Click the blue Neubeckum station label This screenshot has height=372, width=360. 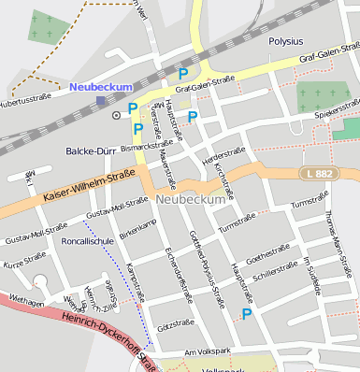[x=100, y=87]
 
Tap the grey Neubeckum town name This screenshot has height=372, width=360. [x=192, y=200]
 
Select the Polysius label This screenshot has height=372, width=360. [x=286, y=42]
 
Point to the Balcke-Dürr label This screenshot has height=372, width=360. [x=90, y=150]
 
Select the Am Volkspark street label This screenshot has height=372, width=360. [x=207, y=351]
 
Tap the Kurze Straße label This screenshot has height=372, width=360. [x=23, y=261]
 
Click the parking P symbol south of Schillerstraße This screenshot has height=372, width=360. [x=247, y=314]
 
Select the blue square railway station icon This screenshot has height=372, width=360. [x=101, y=100]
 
